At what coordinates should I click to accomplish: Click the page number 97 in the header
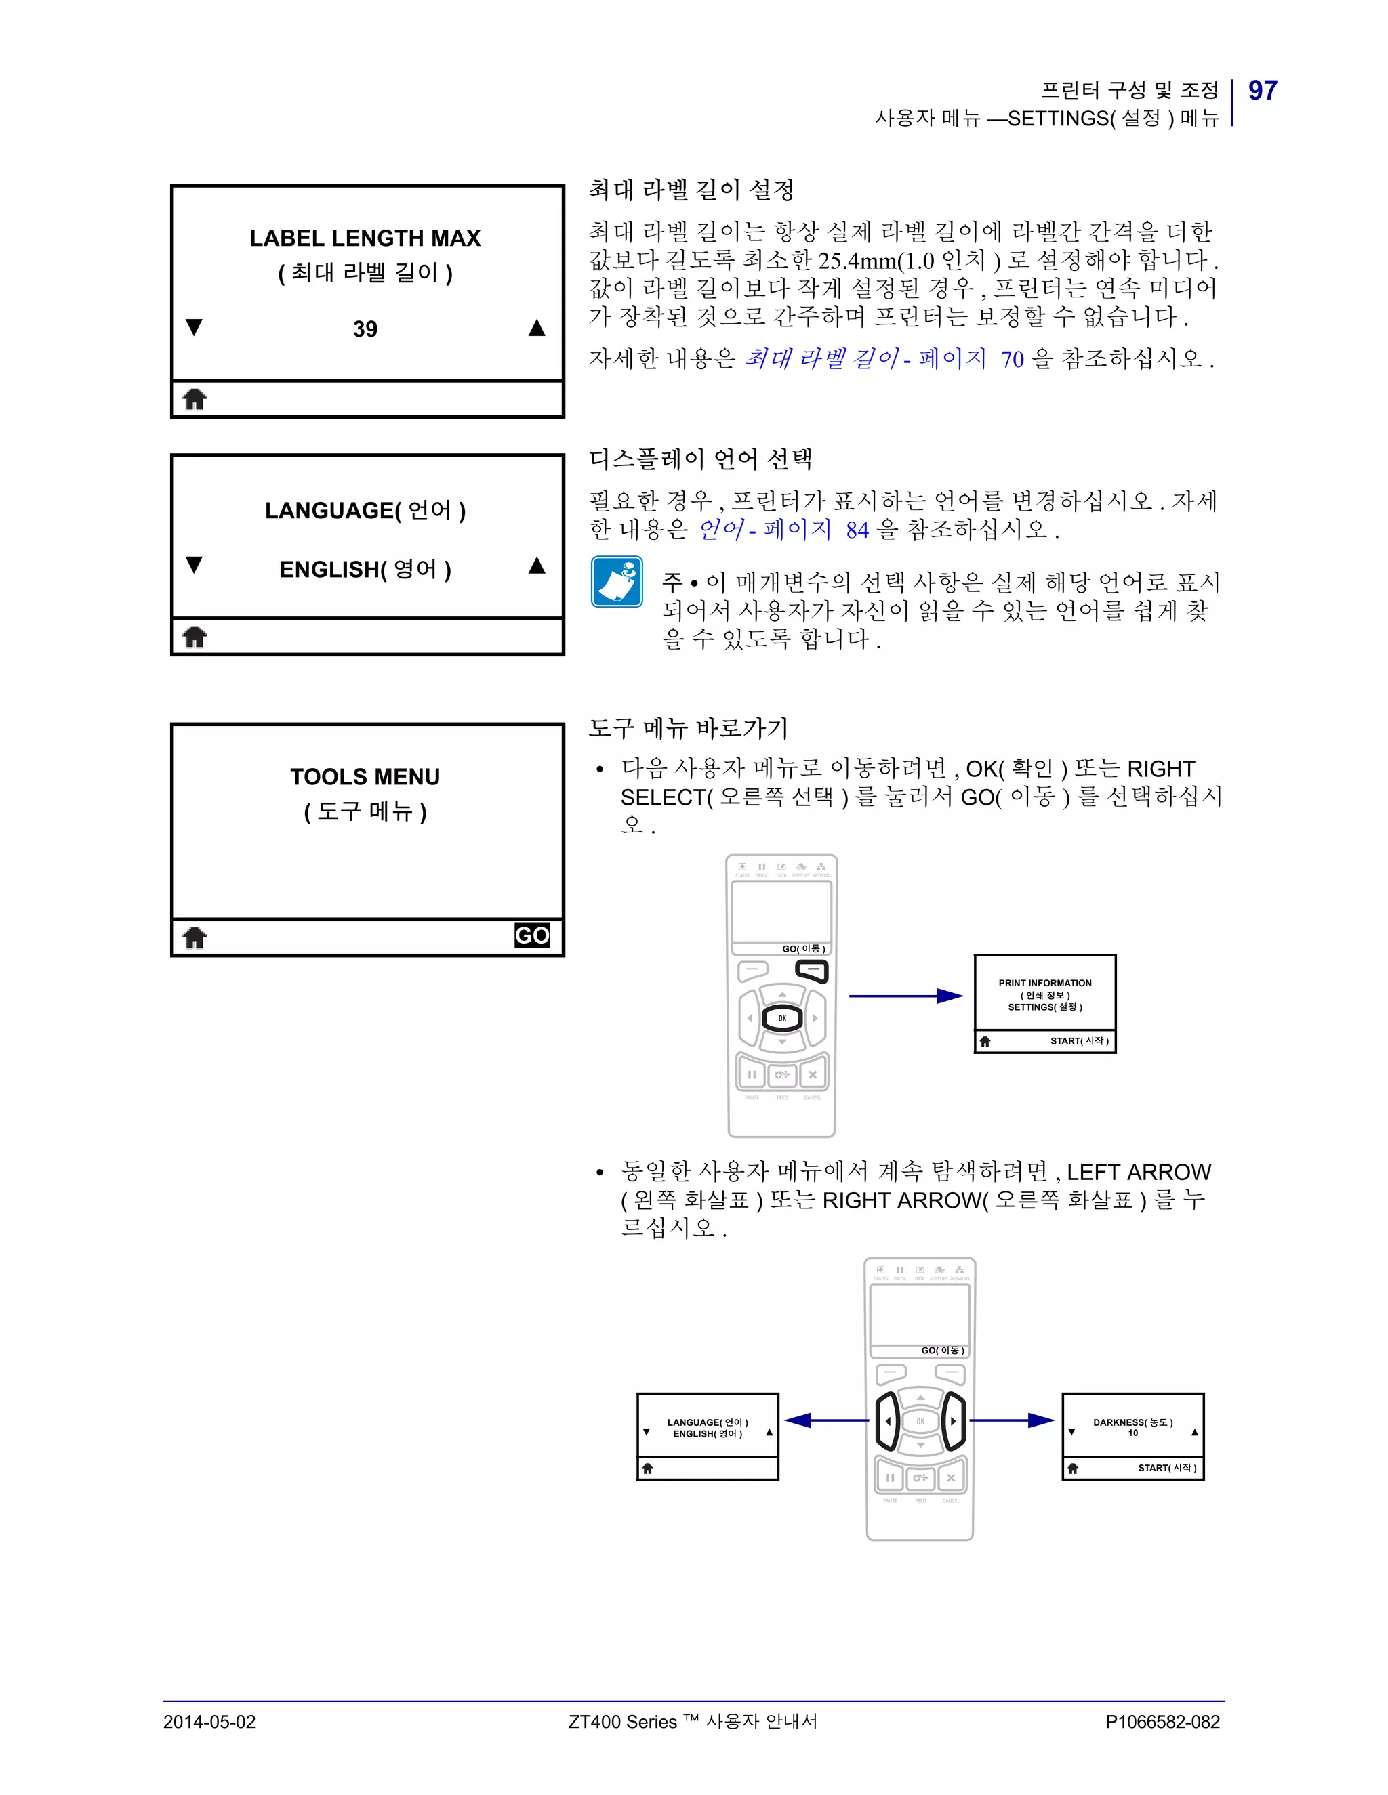click(1262, 90)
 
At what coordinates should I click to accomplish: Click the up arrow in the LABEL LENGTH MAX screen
click(537, 328)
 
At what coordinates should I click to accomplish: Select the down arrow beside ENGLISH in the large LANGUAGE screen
click(194, 565)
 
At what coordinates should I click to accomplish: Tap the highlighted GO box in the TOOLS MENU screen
click(532, 935)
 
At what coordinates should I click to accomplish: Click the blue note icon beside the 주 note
click(617, 582)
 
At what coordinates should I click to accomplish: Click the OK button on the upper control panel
click(782, 1018)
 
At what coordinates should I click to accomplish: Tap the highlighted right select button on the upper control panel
click(813, 971)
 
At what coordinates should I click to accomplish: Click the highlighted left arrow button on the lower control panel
click(887, 1421)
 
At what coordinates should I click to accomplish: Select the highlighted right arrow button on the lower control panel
click(953, 1421)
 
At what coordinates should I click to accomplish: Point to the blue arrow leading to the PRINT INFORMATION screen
click(905, 996)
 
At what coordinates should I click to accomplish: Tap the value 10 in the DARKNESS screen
click(1133, 1433)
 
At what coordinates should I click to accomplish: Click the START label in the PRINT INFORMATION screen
click(1079, 1040)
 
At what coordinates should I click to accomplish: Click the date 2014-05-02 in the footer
click(209, 1722)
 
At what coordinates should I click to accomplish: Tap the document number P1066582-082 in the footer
click(1163, 1722)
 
